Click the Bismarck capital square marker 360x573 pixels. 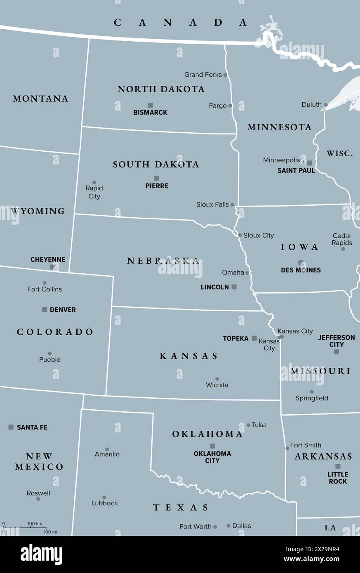pyautogui.click(x=150, y=105)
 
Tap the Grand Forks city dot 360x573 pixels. pyautogui.click(x=225, y=75)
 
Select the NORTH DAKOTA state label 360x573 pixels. pyautogui.click(x=161, y=89)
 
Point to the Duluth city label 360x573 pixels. pyautogui.click(x=311, y=105)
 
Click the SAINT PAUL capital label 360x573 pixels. pyautogui.click(x=296, y=170)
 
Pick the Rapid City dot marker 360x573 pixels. pyautogui.click(x=94, y=183)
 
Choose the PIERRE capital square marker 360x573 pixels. pyautogui.click(x=157, y=178)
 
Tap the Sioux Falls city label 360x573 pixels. pyautogui.click(x=212, y=204)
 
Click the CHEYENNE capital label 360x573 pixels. pyautogui.click(x=48, y=260)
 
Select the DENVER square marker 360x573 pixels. pyautogui.click(x=45, y=310)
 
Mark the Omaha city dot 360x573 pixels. pyautogui.click(x=247, y=273)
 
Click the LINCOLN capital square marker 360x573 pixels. pyautogui.click(x=234, y=287)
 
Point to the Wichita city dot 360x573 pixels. pyautogui.click(x=217, y=379)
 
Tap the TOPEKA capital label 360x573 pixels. pyautogui.click(x=235, y=338)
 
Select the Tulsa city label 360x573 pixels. pyautogui.click(x=259, y=425)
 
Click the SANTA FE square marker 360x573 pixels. pyautogui.click(x=11, y=427)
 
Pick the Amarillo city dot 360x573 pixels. pyautogui.click(x=107, y=449)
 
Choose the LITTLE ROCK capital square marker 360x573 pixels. pyautogui.click(x=338, y=467)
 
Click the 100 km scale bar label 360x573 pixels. pyautogui.click(x=35, y=524)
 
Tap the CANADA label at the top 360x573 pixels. pyautogui.click(x=180, y=23)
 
